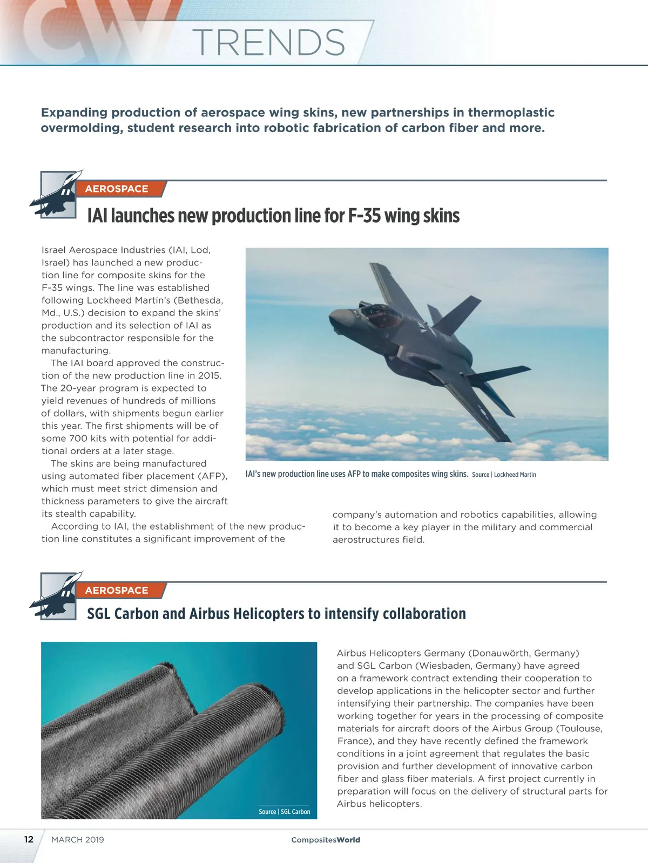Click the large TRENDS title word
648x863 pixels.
click(268, 42)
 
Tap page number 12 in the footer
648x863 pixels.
click(29, 839)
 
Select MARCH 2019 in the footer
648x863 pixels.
click(78, 840)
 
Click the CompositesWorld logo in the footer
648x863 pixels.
click(326, 840)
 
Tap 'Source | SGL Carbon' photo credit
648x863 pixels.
click(285, 812)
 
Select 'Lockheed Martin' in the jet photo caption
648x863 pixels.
click(515, 475)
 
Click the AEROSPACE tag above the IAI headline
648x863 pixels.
click(117, 189)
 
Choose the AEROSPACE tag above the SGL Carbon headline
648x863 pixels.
click(117, 590)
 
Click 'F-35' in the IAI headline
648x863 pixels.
click(364, 216)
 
